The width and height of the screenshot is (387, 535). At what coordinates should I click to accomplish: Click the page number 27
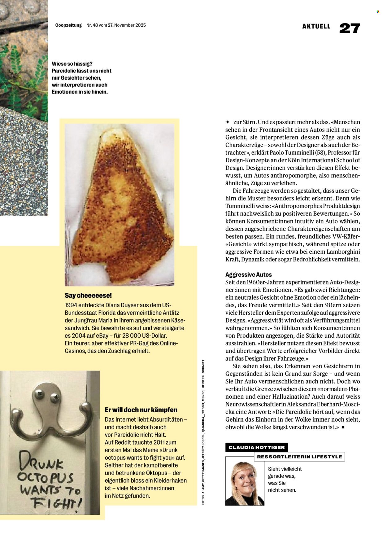point(350,28)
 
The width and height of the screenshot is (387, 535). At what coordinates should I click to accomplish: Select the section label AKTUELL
point(316,27)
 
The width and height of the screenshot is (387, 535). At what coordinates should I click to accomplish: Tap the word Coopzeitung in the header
point(68,25)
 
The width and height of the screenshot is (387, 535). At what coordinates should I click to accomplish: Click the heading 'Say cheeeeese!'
point(88,296)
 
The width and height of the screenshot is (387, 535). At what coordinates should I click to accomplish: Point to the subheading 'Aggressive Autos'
point(249,274)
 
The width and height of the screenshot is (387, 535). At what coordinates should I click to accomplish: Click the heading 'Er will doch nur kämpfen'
point(141,410)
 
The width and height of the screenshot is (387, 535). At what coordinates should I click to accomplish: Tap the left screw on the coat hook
point(39,394)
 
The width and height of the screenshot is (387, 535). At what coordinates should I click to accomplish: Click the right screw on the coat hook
point(55,396)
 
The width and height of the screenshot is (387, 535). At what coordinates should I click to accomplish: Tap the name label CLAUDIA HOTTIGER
point(256,447)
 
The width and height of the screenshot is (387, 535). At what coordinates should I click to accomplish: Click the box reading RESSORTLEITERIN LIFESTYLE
point(299,457)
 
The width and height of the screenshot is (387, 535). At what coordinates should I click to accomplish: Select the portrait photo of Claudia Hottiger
point(245,481)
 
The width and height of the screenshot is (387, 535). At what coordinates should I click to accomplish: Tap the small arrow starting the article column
point(227,122)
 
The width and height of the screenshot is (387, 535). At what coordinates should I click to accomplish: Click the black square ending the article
point(343,428)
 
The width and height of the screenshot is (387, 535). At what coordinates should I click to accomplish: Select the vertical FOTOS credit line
point(203,434)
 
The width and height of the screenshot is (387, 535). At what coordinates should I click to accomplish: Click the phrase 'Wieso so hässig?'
point(72,64)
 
